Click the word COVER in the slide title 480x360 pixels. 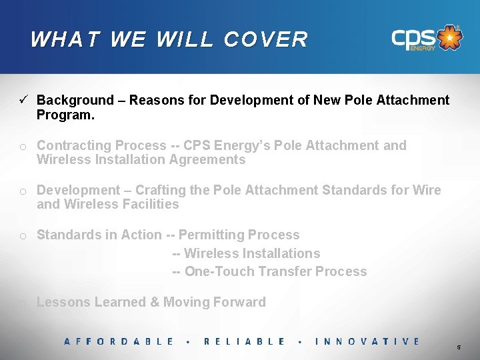coord(266,39)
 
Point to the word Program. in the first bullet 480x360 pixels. coord(65,115)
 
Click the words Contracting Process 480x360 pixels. coord(101,145)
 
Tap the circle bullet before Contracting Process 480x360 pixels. coord(23,147)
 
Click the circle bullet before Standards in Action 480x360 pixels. coord(23,236)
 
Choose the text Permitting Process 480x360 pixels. coord(239,235)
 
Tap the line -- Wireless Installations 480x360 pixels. coord(247,253)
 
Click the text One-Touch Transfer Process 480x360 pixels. coord(275,271)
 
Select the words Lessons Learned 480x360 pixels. coord(91,302)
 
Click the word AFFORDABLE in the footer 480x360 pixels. coord(119,341)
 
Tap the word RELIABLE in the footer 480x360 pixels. coord(244,341)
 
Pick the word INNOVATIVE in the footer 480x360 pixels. coord(367,341)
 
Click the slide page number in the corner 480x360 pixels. coord(458,348)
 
